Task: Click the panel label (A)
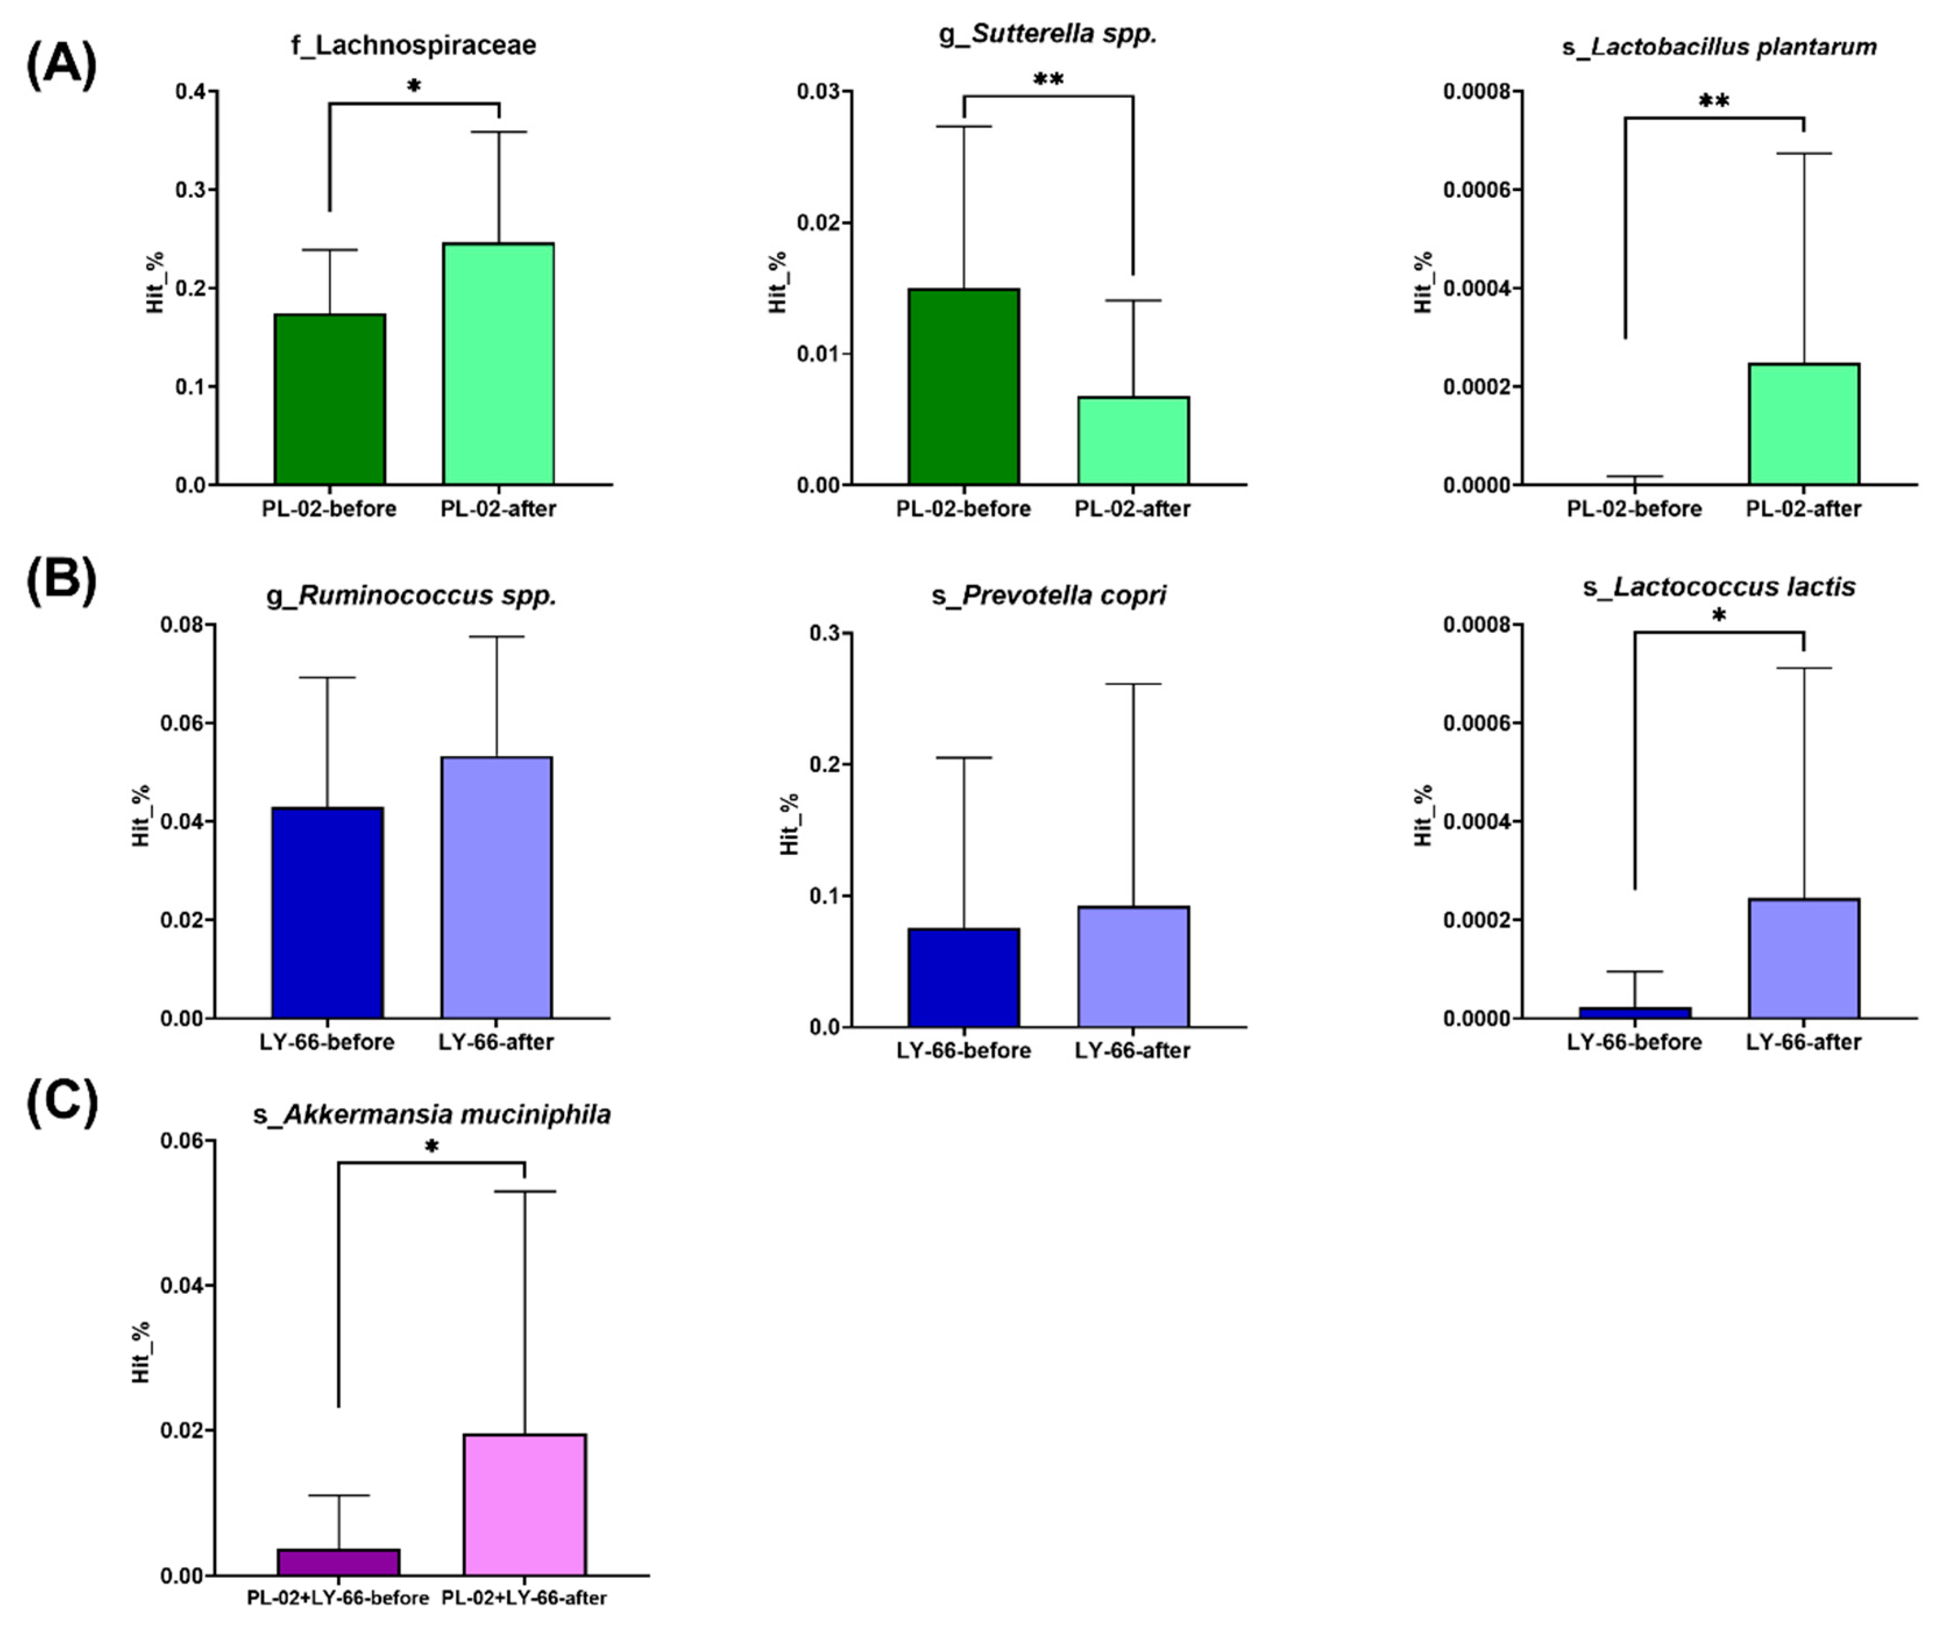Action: coord(61,67)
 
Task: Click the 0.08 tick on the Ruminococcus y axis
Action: coord(182,625)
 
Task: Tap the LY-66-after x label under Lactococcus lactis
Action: coord(1803,1042)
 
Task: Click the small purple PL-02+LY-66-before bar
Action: coord(338,1563)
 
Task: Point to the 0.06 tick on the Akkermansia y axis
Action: coord(182,1141)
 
